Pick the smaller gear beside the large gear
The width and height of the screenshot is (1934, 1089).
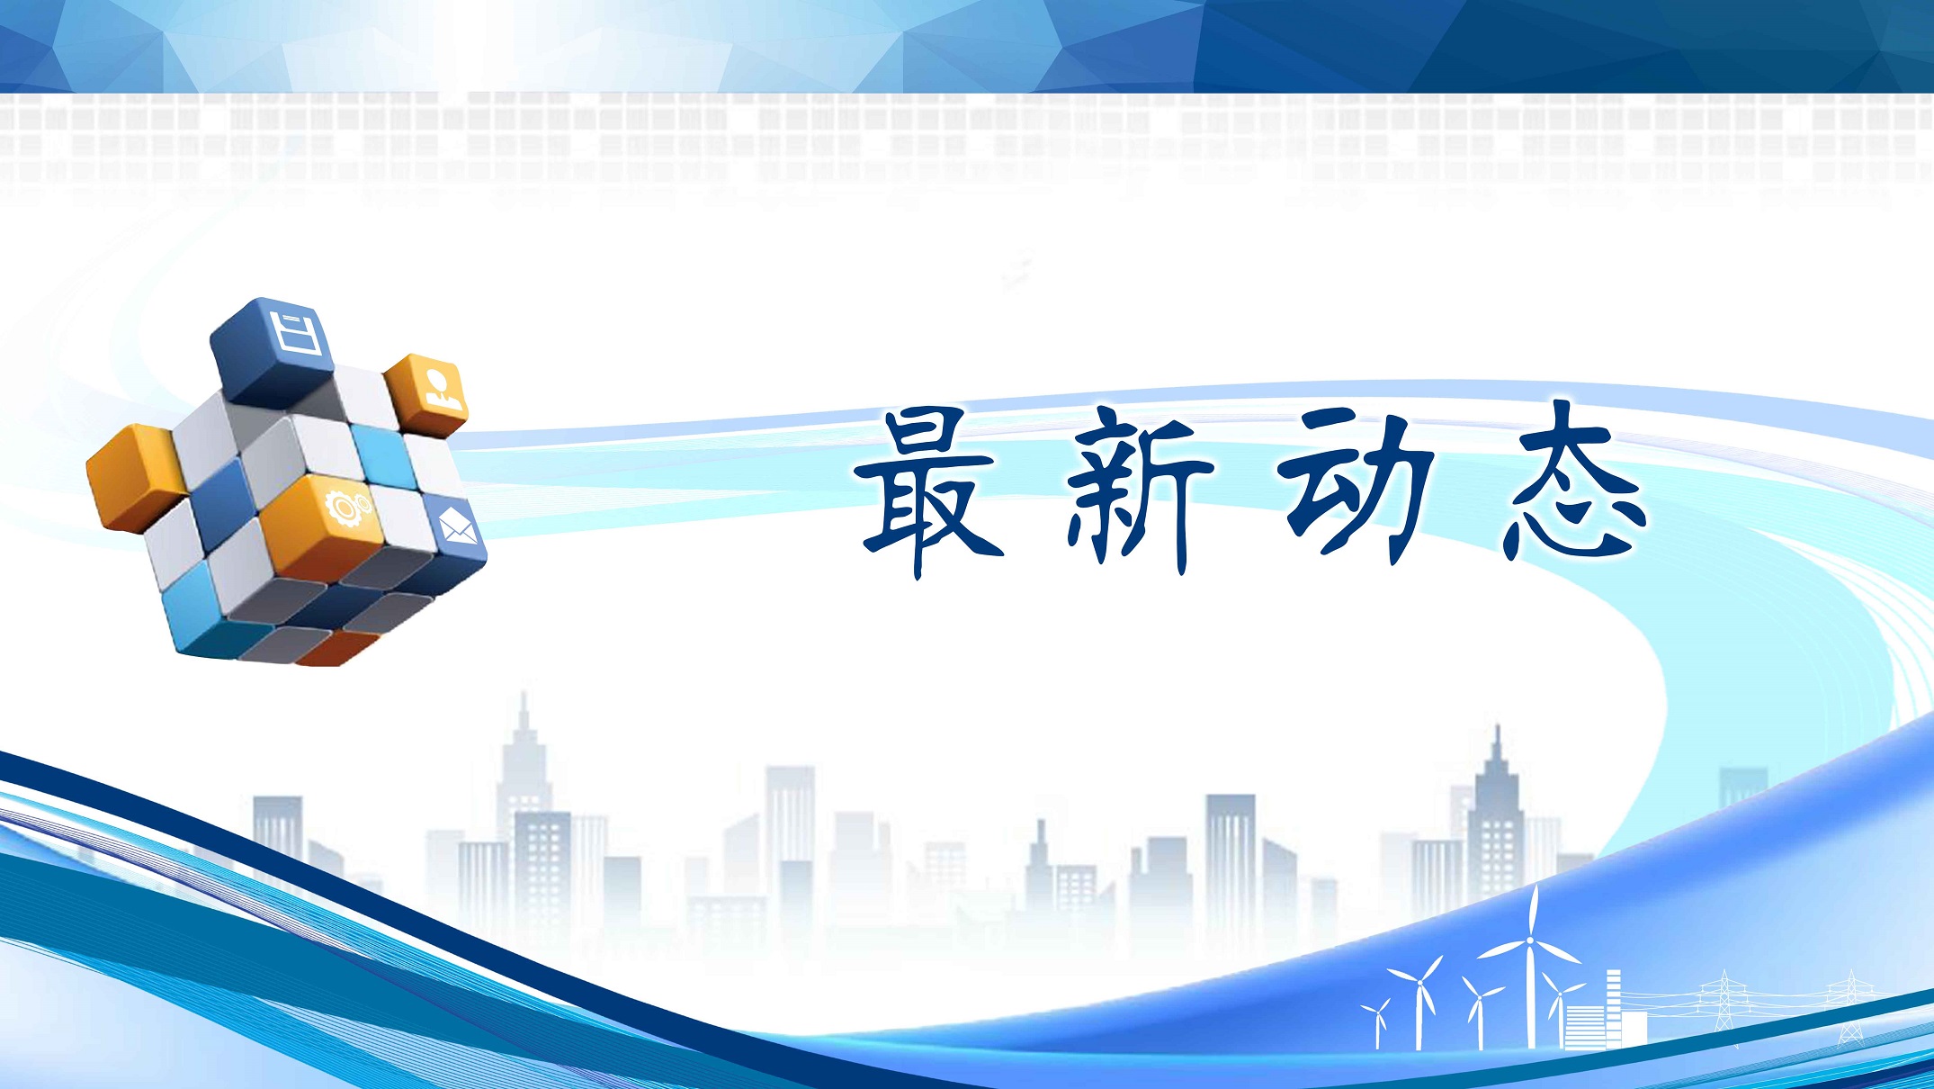(x=363, y=502)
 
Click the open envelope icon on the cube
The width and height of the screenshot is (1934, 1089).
(x=458, y=525)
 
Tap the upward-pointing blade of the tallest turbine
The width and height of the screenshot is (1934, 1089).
(x=1533, y=911)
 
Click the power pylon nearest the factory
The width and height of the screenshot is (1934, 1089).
(x=1724, y=1001)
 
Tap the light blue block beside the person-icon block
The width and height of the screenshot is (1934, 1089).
(x=382, y=454)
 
